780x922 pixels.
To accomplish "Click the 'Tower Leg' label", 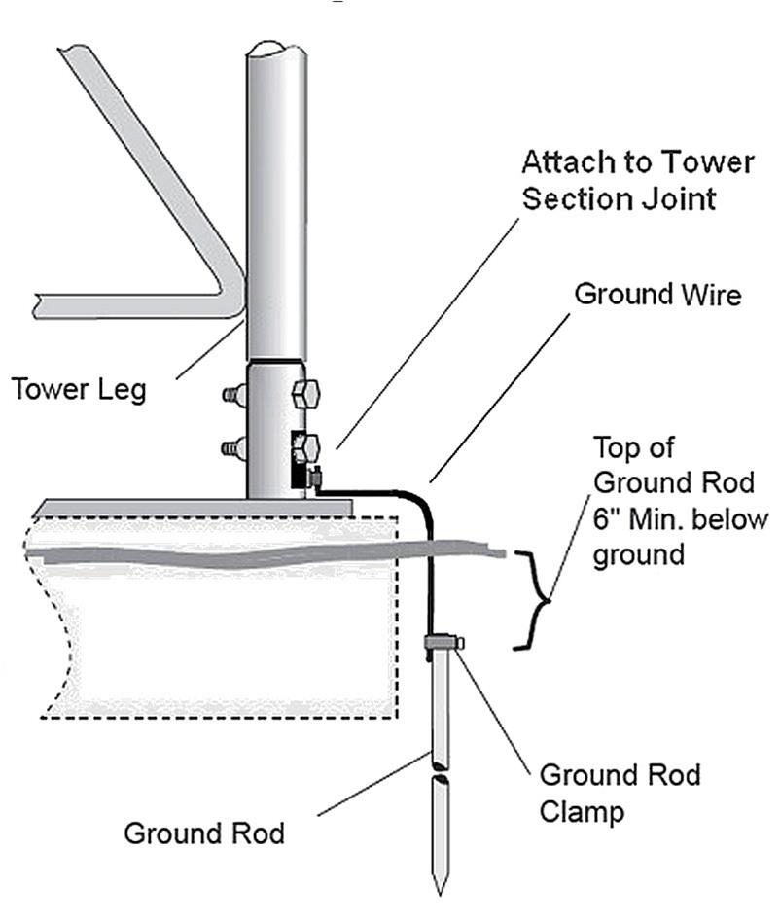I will tap(79, 389).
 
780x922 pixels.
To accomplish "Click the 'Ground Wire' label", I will tap(656, 294).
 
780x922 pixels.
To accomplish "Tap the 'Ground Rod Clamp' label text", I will tap(620, 793).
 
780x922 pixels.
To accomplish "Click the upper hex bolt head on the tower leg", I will tap(305, 395).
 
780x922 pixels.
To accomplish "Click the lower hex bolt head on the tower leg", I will tap(306, 449).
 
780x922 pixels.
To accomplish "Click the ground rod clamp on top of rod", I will tap(443, 641).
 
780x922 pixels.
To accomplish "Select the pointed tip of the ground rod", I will tap(441, 885).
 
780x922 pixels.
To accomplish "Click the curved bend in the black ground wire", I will tap(420, 503).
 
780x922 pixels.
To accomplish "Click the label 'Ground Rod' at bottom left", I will tap(204, 833).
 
